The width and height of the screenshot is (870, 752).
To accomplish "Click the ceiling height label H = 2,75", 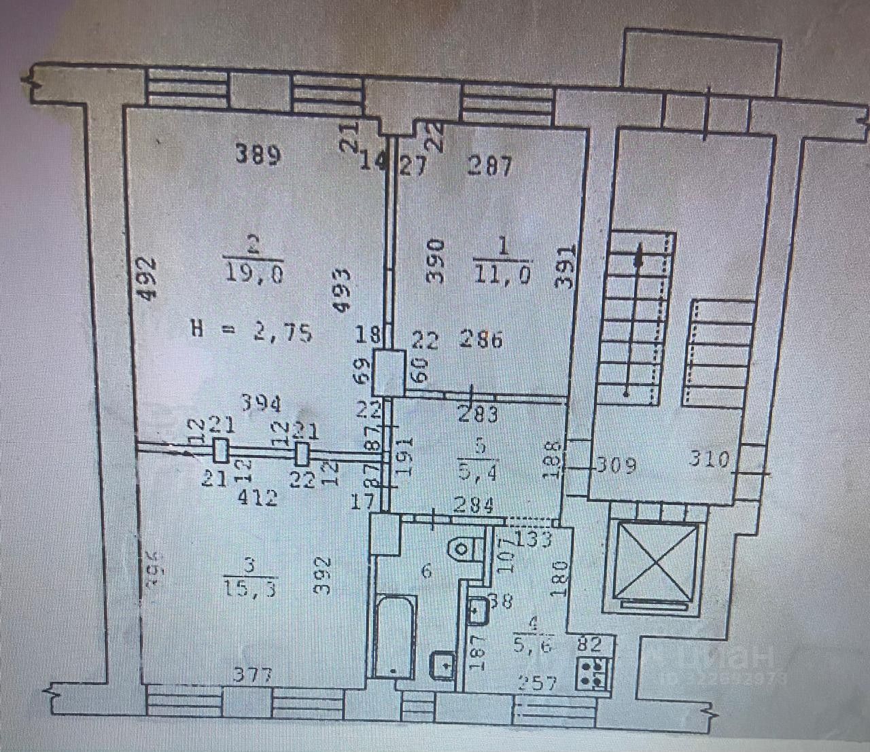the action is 252,332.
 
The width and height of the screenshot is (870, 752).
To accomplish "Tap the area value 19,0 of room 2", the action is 252,274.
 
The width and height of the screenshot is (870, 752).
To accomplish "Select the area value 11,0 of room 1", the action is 502,274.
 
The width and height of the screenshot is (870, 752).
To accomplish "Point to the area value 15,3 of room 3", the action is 249,588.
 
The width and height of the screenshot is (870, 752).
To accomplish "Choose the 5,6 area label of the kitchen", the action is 533,646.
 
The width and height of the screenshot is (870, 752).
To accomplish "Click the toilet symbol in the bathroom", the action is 464,548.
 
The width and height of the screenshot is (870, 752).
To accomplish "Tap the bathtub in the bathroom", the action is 394,635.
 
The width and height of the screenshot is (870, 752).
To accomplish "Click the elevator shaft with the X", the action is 655,561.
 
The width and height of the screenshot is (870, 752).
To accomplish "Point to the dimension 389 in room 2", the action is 258,156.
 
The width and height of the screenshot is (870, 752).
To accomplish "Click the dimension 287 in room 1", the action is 489,165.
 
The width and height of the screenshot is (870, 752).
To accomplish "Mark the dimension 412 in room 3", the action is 258,498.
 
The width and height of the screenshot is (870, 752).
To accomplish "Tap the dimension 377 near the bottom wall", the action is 253,675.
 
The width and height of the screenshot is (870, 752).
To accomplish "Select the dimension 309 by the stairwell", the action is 616,465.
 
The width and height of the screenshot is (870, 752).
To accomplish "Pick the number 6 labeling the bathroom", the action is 425,571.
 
